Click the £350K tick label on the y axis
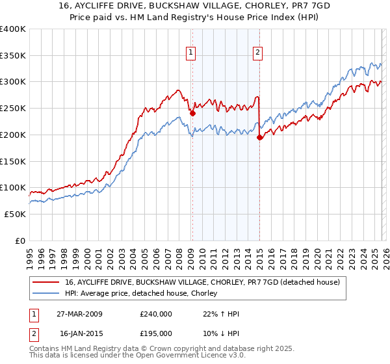click(13, 55)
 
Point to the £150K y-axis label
click(13, 161)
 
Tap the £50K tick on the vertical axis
click(16, 214)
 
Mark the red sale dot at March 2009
click(192, 113)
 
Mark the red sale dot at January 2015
click(259, 137)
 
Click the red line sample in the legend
click(45, 282)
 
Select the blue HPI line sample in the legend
click(45, 294)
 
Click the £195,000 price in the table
click(156, 333)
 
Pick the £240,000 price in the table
click(156, 314)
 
